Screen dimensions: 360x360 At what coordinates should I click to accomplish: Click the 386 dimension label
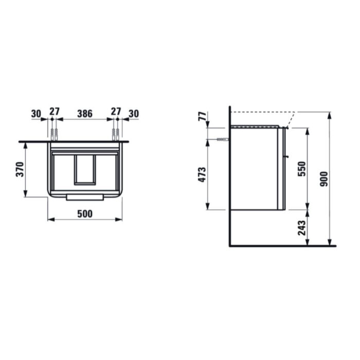point(85,114)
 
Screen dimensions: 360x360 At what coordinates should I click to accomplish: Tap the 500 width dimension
point(85,214)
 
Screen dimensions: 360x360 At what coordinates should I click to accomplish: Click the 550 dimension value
point(302,169)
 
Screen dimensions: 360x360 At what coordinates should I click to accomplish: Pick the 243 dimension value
point(302,228)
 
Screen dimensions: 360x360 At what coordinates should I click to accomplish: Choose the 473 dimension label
point(202,175)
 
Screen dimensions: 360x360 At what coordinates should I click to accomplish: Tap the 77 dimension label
point(202,116)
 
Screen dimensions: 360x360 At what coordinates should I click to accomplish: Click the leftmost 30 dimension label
point(36,114)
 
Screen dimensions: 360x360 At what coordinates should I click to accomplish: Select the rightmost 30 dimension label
point(134,114)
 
